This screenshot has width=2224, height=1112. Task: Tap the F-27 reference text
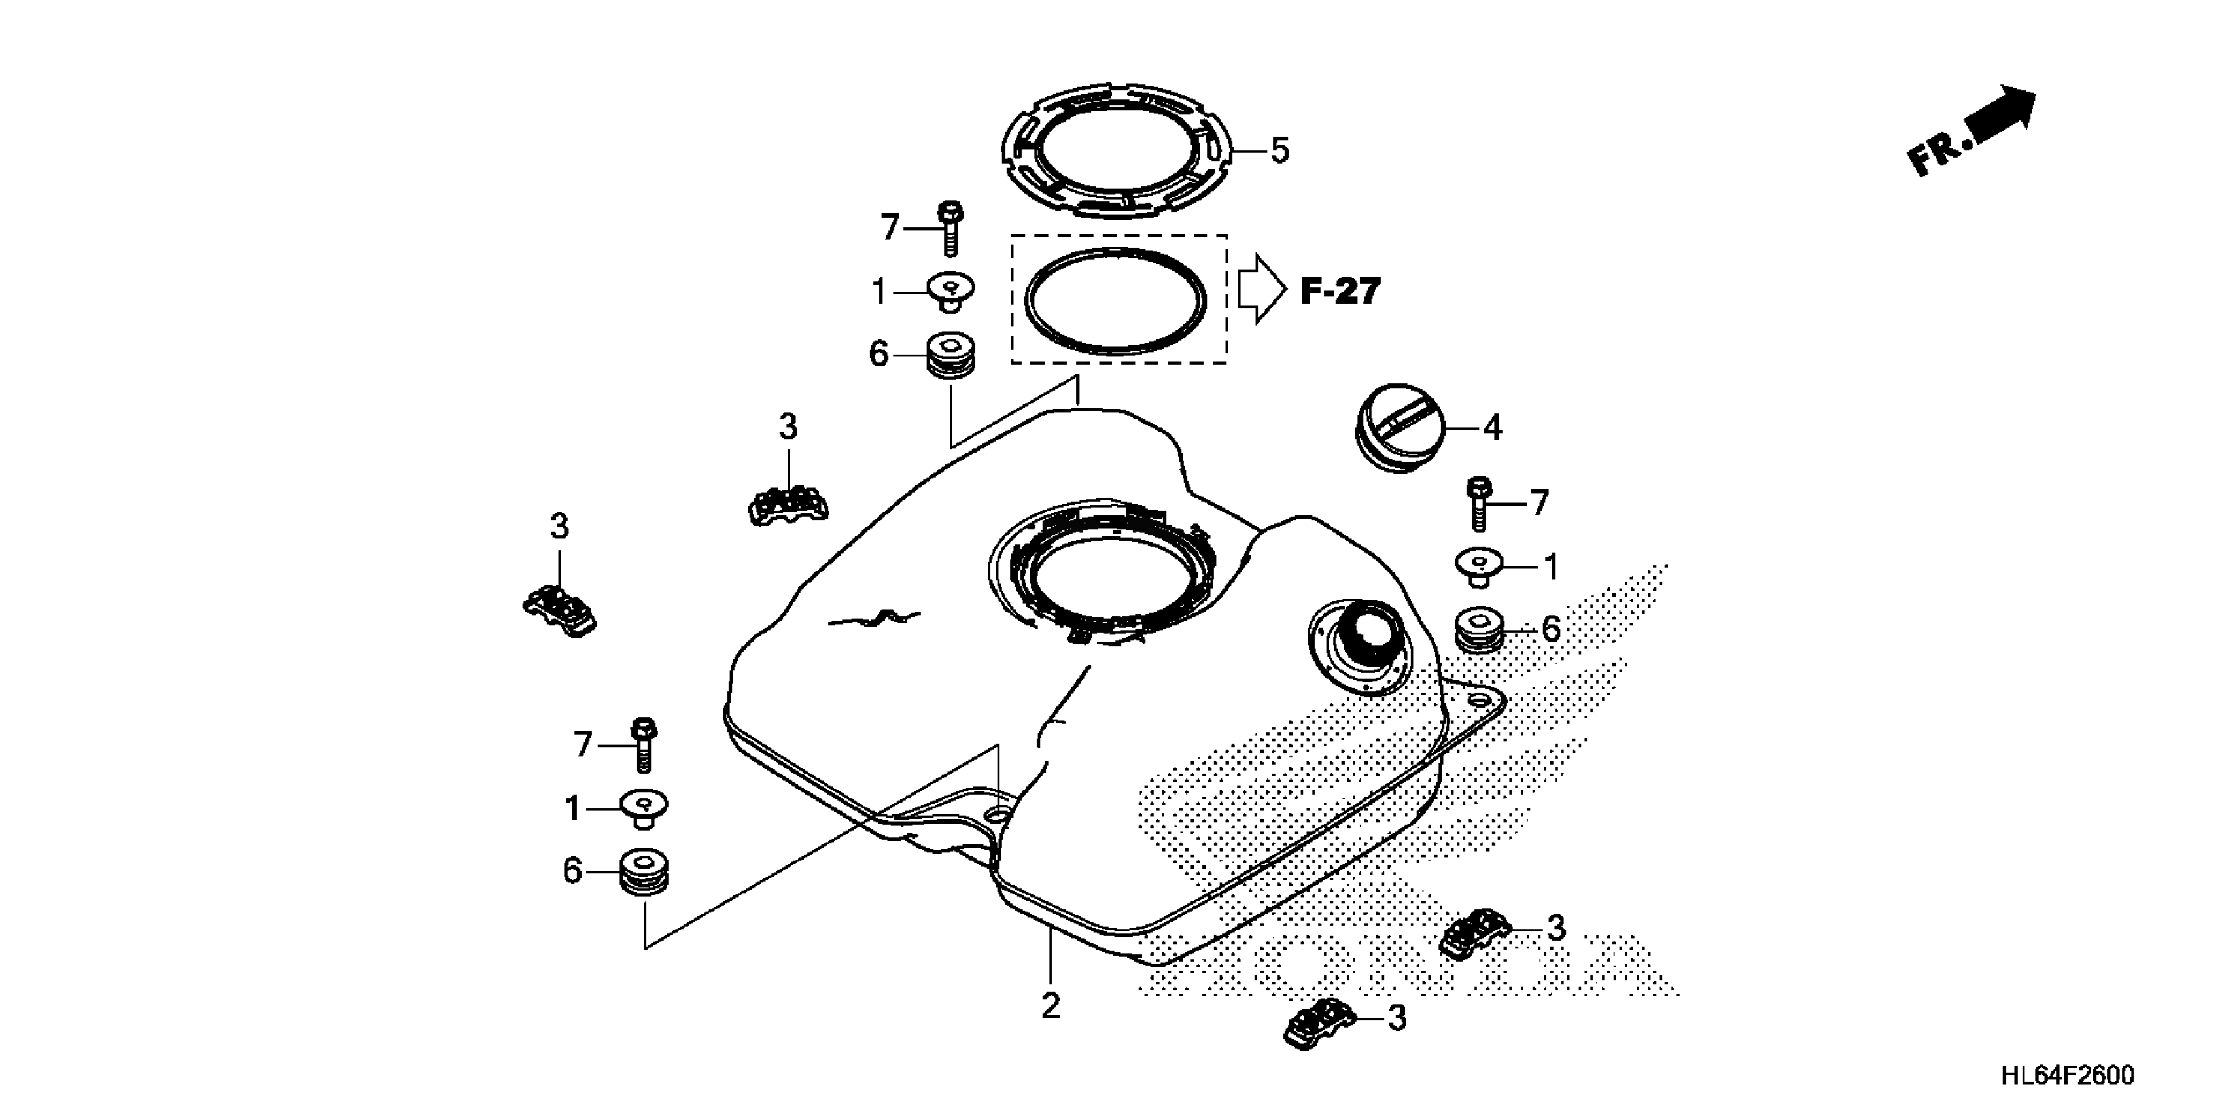1340,292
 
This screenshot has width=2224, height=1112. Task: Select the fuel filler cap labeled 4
1393,427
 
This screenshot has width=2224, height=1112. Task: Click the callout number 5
1279,151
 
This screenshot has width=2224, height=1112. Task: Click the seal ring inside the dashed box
1115,300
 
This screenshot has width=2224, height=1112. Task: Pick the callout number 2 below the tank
1050,1006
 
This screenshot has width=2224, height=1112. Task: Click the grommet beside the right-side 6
1482,631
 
